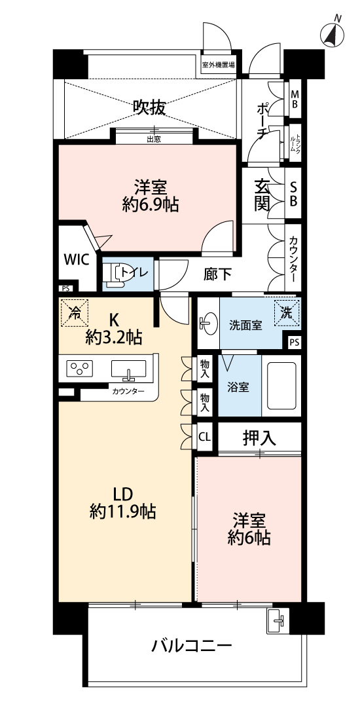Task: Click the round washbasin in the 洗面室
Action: tap(208, 324)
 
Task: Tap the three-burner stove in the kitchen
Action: tap(80, 367)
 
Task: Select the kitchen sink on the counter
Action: tap(129, 369)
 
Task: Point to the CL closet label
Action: tap(205, 438)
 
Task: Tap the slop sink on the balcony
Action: tap(277, 620)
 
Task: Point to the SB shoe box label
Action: tap(293, 193)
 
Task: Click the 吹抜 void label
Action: tap(149, 108)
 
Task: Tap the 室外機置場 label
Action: tap(218, 65)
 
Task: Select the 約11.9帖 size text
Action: tap(123, 512)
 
